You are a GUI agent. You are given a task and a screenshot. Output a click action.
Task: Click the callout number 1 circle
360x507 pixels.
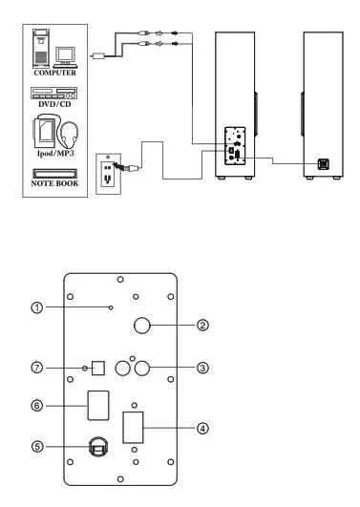tap(34, 307)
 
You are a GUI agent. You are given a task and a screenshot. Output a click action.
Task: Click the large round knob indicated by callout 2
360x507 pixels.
tap(143, 326)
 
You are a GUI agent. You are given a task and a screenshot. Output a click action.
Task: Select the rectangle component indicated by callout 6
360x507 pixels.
tap(97, 406)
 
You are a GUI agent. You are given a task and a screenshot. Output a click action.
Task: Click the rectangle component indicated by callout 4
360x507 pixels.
tap(135, 427)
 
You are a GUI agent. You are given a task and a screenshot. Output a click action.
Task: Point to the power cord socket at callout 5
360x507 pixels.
tap(97, 447)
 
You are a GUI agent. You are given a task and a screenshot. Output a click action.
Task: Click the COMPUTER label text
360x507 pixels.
tap(54, 72)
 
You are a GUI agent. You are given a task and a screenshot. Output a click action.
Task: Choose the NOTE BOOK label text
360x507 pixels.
tap(54, 186)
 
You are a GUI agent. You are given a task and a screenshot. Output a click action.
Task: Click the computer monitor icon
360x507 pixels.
tap(65, 56)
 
